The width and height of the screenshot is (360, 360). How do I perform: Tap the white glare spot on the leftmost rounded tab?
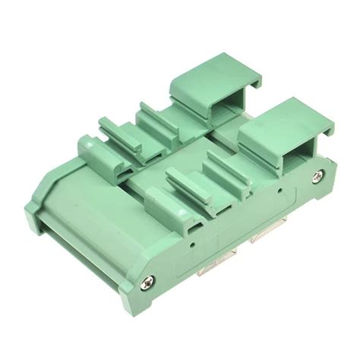[85, 140]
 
